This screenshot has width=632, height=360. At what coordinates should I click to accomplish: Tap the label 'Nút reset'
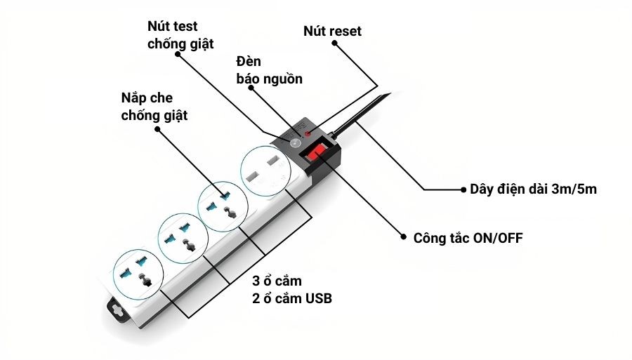coord(332,32)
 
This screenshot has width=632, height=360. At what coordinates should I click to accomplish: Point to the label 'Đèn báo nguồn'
coord(269,70)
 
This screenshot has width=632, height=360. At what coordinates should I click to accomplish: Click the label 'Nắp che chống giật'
coord(154,107)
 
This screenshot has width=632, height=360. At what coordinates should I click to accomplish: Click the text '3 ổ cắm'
coord(277,281)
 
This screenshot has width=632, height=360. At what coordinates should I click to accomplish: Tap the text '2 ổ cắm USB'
coord(292,299)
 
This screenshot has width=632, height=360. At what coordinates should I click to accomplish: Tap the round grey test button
coord(296,143)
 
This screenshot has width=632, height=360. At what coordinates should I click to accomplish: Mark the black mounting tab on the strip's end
coord(114,306)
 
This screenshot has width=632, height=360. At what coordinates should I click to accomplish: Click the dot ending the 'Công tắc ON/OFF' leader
coord(404,238)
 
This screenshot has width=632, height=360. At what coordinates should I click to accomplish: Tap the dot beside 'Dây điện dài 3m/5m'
coord(463,189)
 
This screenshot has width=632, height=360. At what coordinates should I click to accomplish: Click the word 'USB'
coord(318,299)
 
